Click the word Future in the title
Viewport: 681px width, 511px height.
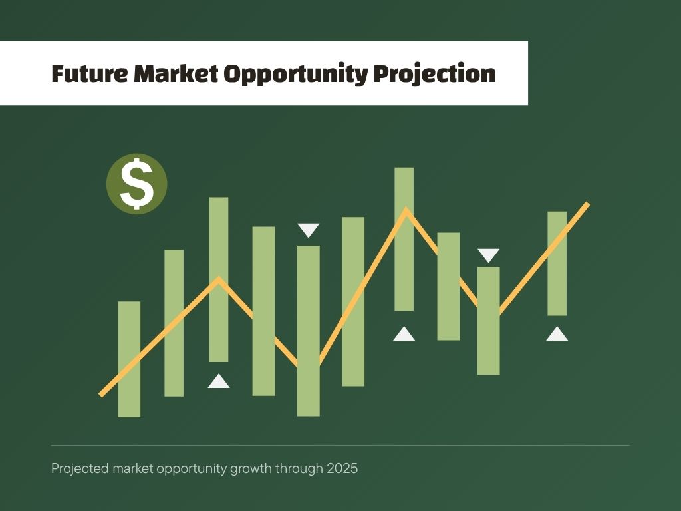point(90,73)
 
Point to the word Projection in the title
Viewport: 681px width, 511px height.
point(434,74)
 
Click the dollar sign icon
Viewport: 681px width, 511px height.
point(137,184)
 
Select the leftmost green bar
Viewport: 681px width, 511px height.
point(129,359)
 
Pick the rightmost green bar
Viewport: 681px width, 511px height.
point(557,263)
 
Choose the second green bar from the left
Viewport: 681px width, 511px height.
point(174,323)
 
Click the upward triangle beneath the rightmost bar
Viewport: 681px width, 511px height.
point(557,334)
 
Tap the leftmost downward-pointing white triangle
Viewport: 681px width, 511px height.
point(309,230)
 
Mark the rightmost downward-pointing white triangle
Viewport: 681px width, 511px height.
point(489,255)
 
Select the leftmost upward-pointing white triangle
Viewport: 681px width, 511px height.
point(219,381)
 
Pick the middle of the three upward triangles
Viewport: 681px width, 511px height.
point(404,334)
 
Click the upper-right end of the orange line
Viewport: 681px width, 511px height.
point(588,204)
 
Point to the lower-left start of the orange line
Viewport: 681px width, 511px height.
point(101,395)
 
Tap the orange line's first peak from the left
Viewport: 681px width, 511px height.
point(219,278)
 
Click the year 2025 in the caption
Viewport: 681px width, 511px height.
point(342,468)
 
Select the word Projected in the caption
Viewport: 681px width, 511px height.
point(80,469)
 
